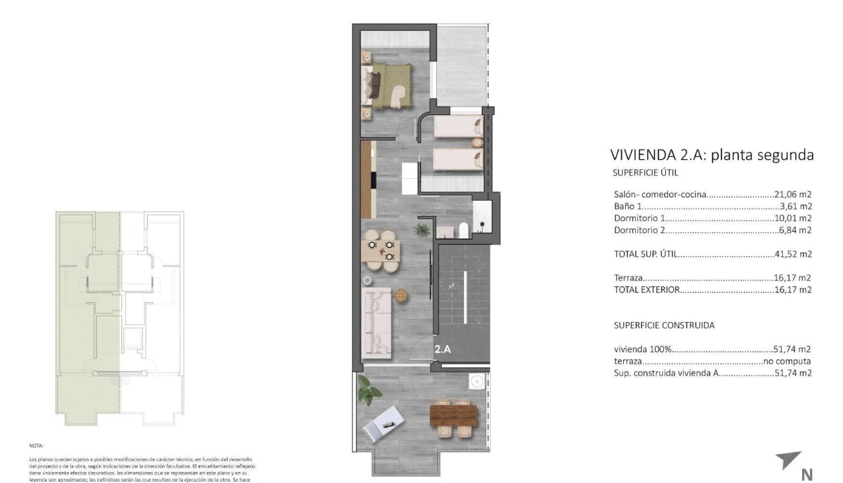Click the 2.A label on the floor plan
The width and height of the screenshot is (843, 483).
[442, 349]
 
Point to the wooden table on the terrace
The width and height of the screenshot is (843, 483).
[454, 417]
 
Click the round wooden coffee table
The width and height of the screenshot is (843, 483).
[401, 295]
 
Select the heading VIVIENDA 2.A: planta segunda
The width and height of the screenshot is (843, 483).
[712, 155]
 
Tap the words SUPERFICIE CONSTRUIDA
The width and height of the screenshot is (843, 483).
[664, 325]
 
